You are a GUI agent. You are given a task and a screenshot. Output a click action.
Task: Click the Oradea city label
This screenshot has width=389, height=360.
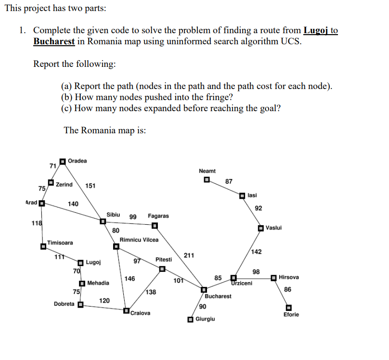tap(78, 161)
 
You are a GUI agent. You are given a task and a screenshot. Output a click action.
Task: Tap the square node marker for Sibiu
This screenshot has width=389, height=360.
tap(103, 222)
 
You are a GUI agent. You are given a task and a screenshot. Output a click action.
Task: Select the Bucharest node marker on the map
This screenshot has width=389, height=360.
tap(204, 290)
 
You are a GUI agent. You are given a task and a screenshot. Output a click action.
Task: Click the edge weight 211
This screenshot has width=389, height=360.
tap(189, 255)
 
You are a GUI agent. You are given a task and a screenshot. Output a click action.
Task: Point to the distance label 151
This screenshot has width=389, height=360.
tap(91, 186)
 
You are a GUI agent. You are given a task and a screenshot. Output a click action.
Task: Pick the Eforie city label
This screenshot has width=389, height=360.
tap(291, 315)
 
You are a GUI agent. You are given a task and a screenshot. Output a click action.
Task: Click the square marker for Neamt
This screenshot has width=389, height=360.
tap(207, 181)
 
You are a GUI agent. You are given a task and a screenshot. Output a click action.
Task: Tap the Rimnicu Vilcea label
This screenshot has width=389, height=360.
tap(139, 239)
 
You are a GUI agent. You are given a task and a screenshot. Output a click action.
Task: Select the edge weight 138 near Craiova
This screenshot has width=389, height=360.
tap(151, 292)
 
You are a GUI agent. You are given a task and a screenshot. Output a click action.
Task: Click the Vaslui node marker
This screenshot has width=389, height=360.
tap(260, 228)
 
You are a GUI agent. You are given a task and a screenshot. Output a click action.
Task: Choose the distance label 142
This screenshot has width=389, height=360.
tap(257, 252)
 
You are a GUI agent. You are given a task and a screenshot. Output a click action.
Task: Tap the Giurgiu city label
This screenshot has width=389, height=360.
tap(206, 319)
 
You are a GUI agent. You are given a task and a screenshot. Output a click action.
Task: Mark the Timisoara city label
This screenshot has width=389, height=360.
tap(60, 243)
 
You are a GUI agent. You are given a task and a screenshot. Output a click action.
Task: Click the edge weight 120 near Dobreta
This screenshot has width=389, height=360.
tap(104, 300)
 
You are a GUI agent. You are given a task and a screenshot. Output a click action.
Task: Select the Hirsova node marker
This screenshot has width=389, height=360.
tap(274, 278)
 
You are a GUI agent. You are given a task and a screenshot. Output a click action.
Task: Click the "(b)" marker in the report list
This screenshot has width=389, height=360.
tap(67, 97)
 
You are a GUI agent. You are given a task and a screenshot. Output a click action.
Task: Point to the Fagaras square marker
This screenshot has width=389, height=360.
tap(155, 226)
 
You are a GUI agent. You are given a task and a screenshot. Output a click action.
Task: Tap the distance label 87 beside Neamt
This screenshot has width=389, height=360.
tap(229, 181)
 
